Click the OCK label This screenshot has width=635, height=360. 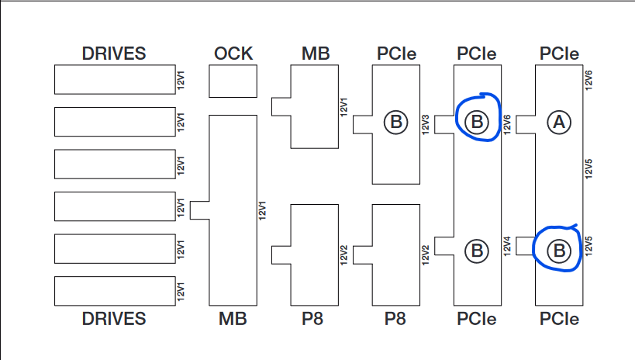[x=233, y=54]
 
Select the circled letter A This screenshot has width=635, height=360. [x=559, y=122]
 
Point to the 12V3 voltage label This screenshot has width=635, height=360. [x=426, y=124]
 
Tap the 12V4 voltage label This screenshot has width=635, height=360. [x=507, y=244]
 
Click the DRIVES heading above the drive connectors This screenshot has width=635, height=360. [x=114, y=54]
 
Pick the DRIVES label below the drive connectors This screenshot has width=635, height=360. [x=114, y=318]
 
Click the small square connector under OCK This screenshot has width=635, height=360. [x=233, y=81]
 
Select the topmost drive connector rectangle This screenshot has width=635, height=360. [x=115, y=79]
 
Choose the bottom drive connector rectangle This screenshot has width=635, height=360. [x=115, y=290]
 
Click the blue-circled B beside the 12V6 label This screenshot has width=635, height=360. [x=477, y=122]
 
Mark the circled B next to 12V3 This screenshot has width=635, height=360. [x=395, y=122]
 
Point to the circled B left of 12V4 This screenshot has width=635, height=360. [x=477, y=250]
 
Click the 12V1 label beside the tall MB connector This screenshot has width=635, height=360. [x=262, y=209]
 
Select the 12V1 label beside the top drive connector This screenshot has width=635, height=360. [x=181, y=79]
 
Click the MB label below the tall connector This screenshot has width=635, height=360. [x=233, y=318]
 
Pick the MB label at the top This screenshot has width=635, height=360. [x=316, y=54]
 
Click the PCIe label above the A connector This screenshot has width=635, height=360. [x=559, y=54]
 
